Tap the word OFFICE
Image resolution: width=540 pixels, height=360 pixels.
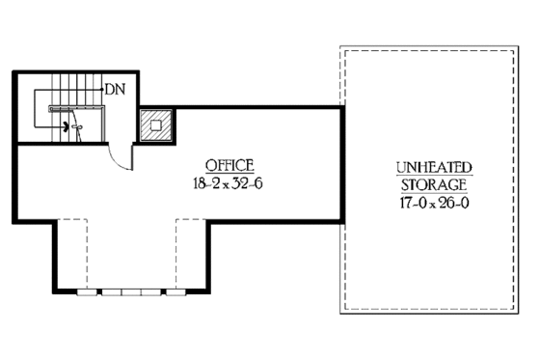click(x=228, y=163)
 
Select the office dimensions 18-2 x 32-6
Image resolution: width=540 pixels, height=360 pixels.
click(x=228, y=180)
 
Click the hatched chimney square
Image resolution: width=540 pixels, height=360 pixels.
click(x=154, y=124)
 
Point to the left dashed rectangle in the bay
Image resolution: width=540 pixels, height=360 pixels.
click(x=71, y=253)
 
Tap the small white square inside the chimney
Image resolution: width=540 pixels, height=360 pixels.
click(x=154, y=123)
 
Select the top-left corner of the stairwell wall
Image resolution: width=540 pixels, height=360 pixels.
click(x=16, y=70)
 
